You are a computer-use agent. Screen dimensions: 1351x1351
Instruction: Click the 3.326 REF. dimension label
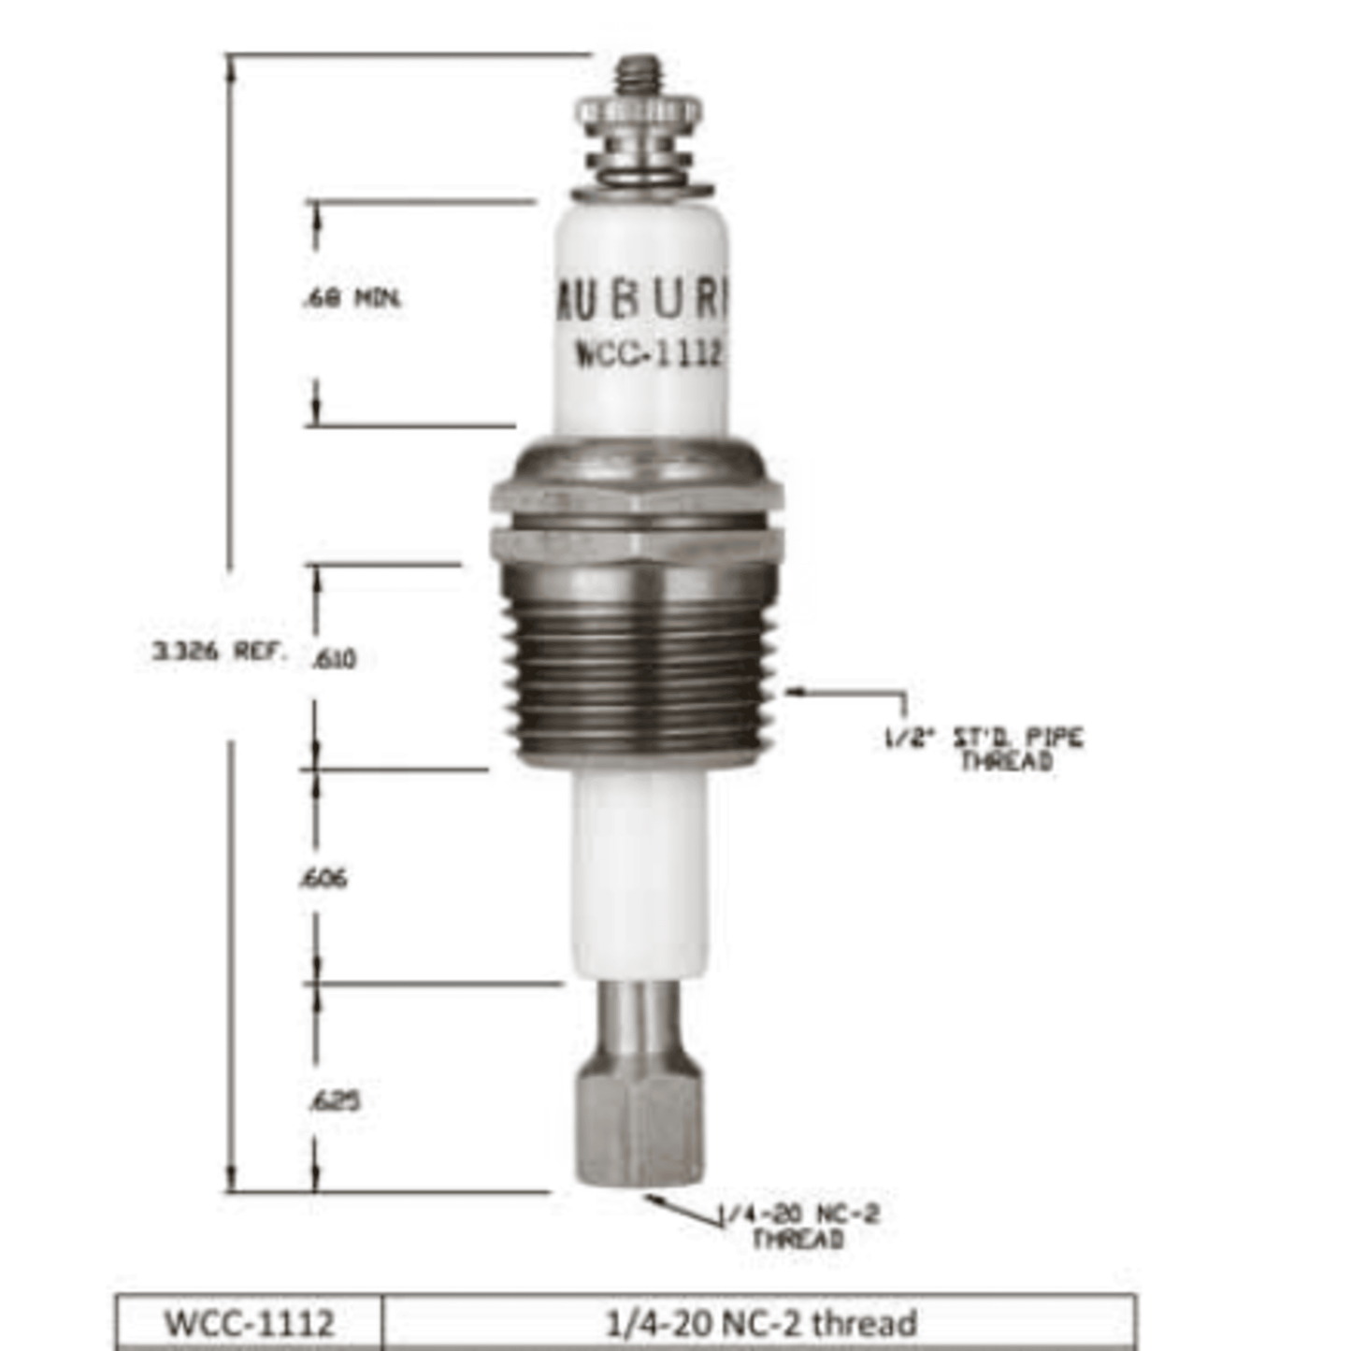(x=221, y=651)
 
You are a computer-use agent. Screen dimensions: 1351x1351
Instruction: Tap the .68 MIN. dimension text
(x=352, y=299)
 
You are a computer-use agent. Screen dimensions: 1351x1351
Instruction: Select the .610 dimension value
(x=334, y=659)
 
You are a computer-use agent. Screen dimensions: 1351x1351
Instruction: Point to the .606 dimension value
(x=323, y=878)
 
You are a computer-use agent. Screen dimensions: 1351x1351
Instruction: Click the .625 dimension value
(x=334, y=1100)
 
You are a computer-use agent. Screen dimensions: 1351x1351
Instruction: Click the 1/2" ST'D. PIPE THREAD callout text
(x=985, y=749)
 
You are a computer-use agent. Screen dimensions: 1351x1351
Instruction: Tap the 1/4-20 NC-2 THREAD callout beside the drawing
(x=798, y=1226)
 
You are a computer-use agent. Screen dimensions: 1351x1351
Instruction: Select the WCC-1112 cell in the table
(x=249, y=1323)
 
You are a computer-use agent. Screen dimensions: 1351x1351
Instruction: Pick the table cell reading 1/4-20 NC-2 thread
(x=761, y=1323)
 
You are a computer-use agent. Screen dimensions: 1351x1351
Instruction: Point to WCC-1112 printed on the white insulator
(x=648, y=353)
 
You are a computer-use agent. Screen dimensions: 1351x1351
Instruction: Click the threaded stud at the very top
(x=640, y=75)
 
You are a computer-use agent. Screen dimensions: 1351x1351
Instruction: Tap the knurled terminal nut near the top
(x=639, y=117)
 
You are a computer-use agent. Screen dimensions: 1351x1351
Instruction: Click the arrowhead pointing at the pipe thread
(x=790, y=692)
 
